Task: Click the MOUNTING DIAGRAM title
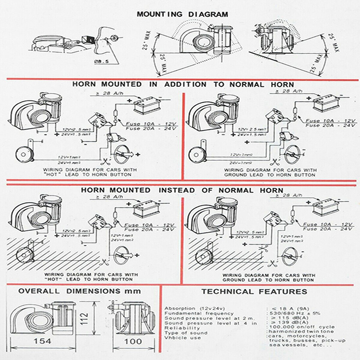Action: point(182,14)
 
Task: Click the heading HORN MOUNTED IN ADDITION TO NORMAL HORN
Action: point(183,84)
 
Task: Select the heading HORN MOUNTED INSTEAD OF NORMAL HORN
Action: point(182,190)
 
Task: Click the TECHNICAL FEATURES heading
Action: point(254,291)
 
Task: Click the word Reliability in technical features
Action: point(180,328)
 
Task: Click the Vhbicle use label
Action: point(183,337)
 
